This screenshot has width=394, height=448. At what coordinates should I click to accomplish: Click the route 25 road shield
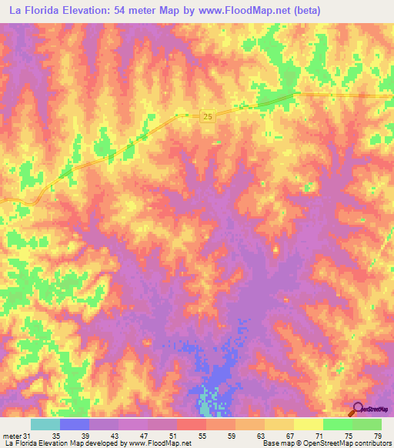(209, 115)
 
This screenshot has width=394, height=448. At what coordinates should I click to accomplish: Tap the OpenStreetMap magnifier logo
(357, 410)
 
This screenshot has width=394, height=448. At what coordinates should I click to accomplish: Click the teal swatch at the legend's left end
(45, 424)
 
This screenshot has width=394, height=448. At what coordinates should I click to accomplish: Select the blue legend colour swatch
(75, 424)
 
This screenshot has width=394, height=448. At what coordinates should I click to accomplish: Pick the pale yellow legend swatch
(309, 424)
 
